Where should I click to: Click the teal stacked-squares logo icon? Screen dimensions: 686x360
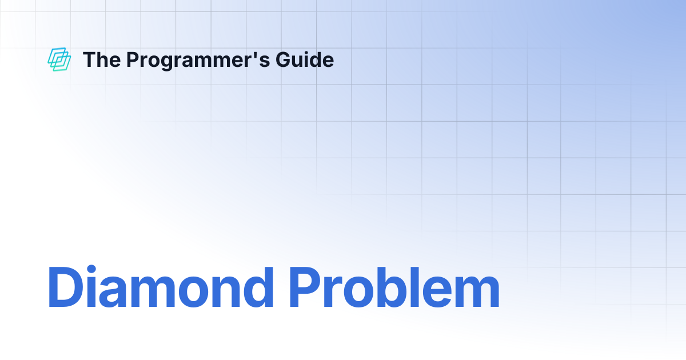point(59,59)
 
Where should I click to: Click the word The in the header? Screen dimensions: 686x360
point(102,59)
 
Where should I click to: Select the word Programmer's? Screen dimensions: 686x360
point(198,61)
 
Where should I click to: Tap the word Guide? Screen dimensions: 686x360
point(305,59)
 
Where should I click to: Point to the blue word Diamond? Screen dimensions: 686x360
point(161,287)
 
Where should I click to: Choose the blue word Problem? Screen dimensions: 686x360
point(394,287)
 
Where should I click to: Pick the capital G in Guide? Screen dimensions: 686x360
point(284,59)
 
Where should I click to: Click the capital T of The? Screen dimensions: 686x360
point(89,59)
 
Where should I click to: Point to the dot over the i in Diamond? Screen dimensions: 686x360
point(91,269)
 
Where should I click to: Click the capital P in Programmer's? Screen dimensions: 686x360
point(133,59)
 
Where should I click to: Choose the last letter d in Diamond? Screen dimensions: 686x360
point(258,287)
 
